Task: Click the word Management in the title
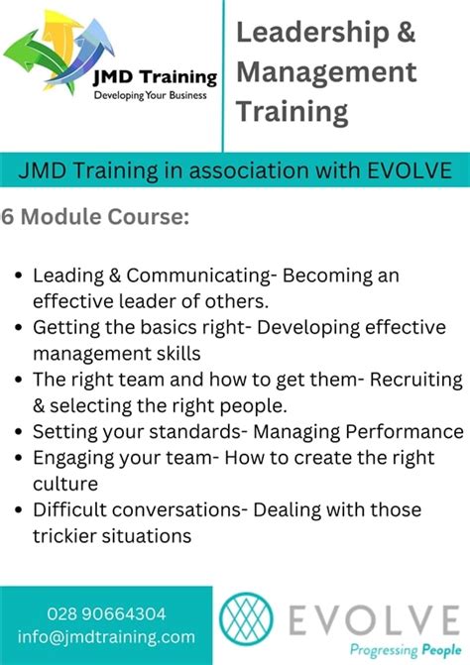326,72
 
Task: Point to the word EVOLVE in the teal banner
408,170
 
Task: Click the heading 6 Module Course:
95,216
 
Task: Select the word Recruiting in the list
415,380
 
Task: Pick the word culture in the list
64,484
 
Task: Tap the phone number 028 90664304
107,613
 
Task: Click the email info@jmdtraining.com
107,637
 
